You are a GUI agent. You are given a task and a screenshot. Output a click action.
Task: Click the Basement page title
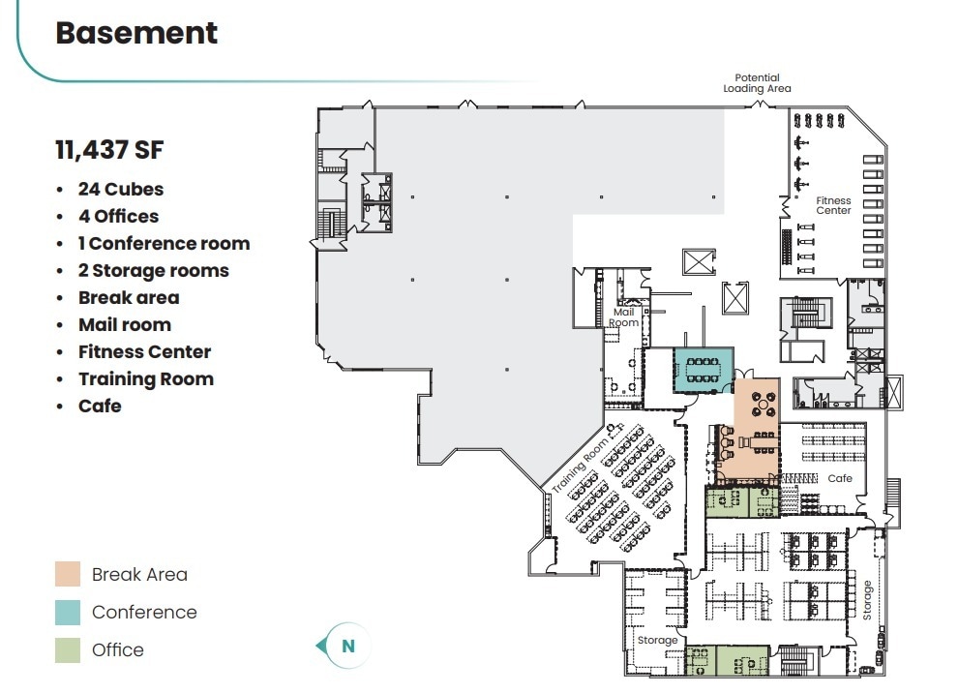[136, 33]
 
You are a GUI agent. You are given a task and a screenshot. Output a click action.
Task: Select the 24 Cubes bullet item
[121, 190]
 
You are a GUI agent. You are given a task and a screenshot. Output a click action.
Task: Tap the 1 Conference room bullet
[164, 244]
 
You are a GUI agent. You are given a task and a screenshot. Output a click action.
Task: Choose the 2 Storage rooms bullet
[153, 271]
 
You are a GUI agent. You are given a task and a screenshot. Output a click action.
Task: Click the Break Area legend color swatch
[68, 574]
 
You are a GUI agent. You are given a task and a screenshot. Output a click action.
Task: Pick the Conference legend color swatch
[68, 612]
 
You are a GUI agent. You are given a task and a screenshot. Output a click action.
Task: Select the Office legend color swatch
[68, 650]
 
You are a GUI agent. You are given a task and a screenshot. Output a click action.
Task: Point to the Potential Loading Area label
[757, 83]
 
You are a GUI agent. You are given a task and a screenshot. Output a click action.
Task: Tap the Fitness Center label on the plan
[833, 205]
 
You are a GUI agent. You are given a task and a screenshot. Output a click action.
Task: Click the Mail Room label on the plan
[624, 317]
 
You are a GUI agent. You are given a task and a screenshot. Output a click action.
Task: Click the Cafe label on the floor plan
[840, 479]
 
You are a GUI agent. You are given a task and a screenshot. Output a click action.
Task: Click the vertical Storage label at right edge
[868, 600]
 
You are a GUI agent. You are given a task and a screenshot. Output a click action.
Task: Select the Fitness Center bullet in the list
[144, 352]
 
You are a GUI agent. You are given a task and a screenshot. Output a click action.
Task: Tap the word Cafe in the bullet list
[100, 407]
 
